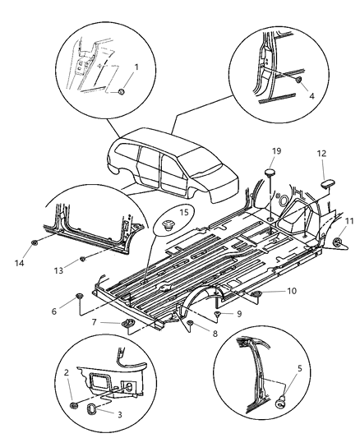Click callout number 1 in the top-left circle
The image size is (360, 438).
[136, 67]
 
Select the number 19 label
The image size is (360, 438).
[277, 152]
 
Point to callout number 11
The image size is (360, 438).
[348, 222]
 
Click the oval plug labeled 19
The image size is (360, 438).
[270, 173]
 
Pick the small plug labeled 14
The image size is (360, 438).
[35, 244]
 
